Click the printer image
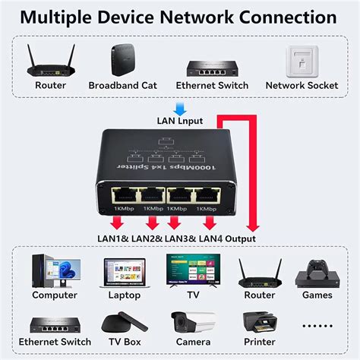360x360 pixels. click(259, 323)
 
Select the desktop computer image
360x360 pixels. click(54, 272)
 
